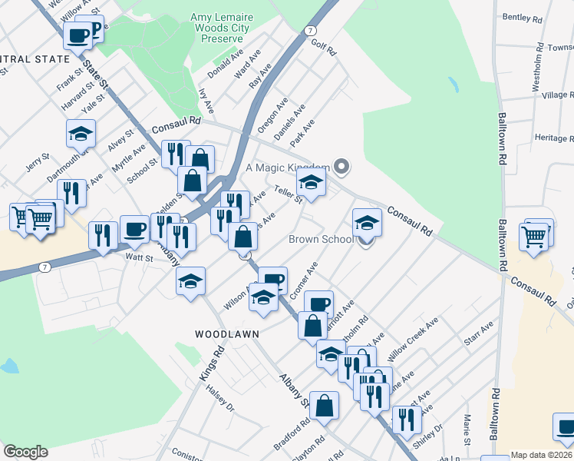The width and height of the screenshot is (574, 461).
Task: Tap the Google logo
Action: tap(25, 452)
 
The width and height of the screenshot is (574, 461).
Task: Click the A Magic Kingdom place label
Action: tap(287, 167)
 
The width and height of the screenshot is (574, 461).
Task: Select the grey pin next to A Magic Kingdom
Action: tap(342, 166)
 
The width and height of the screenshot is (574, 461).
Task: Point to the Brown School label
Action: tap(321, 239)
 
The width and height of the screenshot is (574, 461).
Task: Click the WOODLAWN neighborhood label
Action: tap(226, 334)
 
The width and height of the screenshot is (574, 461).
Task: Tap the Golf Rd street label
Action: tap(324, 47)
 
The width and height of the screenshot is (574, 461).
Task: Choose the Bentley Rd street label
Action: tap(522, 16)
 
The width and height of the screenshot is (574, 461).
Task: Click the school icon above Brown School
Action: tap(367, 223)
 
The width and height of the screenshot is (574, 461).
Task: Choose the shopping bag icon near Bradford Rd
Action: tap(325, 405)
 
